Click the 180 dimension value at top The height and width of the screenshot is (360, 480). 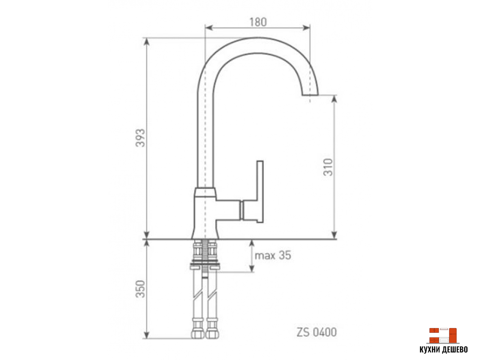[258, 22]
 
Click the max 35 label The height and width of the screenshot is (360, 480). [272, 255]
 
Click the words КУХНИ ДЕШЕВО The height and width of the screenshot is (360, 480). [443, 350]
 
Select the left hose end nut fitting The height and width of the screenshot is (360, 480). [198, 332]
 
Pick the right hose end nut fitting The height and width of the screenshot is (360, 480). [212, 332]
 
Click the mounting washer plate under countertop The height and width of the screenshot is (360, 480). [204, 267]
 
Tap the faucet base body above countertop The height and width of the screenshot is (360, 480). [205, 213]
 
